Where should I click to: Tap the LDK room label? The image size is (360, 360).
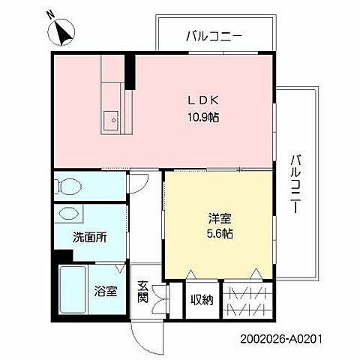point(197,99)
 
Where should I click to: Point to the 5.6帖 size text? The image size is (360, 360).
point(220,234)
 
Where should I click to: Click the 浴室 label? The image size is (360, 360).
point(105,291)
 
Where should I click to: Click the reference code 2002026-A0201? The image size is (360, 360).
point(284,339)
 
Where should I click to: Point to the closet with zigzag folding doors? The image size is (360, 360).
point(246,301)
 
